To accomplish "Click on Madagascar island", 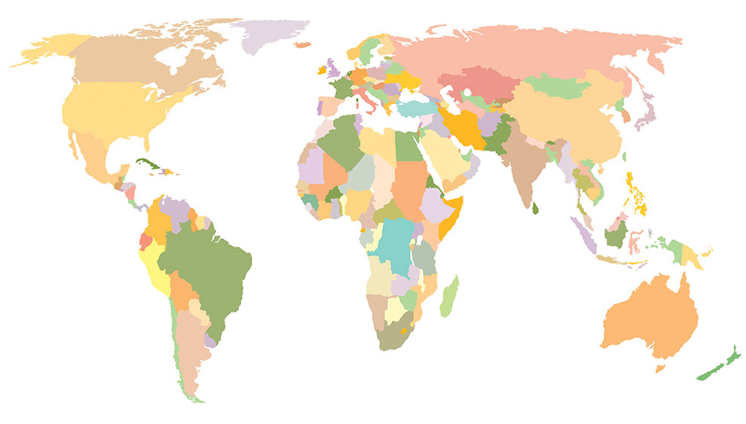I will (449, 296).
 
